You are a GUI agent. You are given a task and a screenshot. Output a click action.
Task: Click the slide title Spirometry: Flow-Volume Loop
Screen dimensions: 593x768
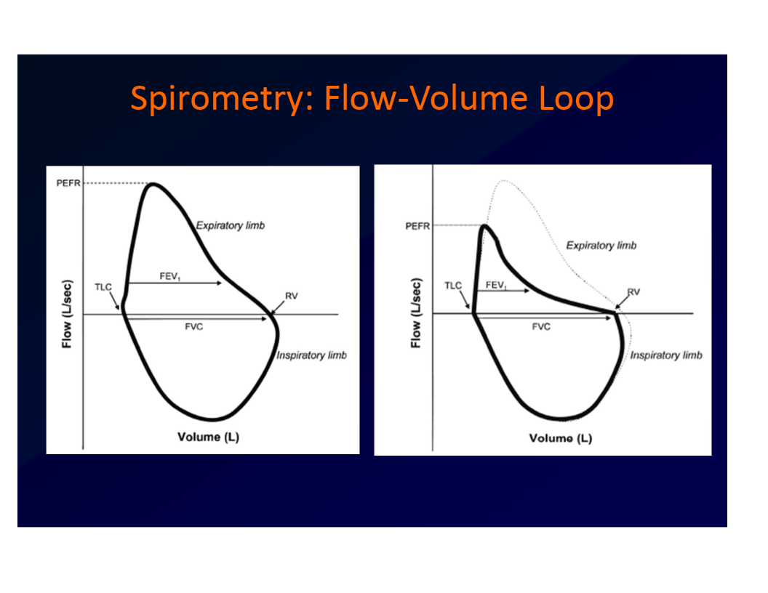(x=372, y=98)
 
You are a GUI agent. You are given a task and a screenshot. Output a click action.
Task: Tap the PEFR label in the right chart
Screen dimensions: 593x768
(x=417, y=227)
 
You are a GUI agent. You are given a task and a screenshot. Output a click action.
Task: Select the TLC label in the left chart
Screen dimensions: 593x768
(x=103, y=287)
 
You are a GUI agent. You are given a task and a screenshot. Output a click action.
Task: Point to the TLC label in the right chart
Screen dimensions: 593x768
(x=453, y=286)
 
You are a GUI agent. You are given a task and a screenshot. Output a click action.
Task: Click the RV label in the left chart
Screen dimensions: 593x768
(x=292, y=296)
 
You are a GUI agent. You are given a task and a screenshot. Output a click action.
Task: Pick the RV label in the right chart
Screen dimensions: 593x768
(x=633, y=291)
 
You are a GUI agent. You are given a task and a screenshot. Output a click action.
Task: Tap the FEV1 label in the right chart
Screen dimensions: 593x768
(x=495, y=286)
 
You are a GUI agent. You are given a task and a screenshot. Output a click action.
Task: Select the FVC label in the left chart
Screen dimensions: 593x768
(x=193, y=326)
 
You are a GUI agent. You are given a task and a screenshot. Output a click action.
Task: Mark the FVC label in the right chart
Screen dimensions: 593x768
(x=541, y=327)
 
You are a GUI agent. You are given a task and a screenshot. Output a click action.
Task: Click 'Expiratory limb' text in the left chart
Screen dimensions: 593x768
(x=231, y=225)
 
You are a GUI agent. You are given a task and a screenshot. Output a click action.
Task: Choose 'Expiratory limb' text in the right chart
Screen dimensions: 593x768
(x=601, y=246)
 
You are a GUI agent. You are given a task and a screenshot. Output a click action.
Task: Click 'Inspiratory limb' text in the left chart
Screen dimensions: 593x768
(x=311, y=355)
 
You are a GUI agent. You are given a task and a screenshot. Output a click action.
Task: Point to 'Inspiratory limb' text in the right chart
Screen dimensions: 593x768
(x=666, y=355)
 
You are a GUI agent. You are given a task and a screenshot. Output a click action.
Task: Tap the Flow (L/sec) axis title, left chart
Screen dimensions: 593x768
(x=67, y=313)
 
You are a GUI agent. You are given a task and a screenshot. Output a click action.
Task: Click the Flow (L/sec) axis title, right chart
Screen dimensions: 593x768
(x=416, y=312)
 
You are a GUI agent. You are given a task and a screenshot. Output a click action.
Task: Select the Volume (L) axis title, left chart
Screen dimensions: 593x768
(x=208, y=437)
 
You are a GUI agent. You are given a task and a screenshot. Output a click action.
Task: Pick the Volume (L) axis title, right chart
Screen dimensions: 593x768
(x=560, y=438)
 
